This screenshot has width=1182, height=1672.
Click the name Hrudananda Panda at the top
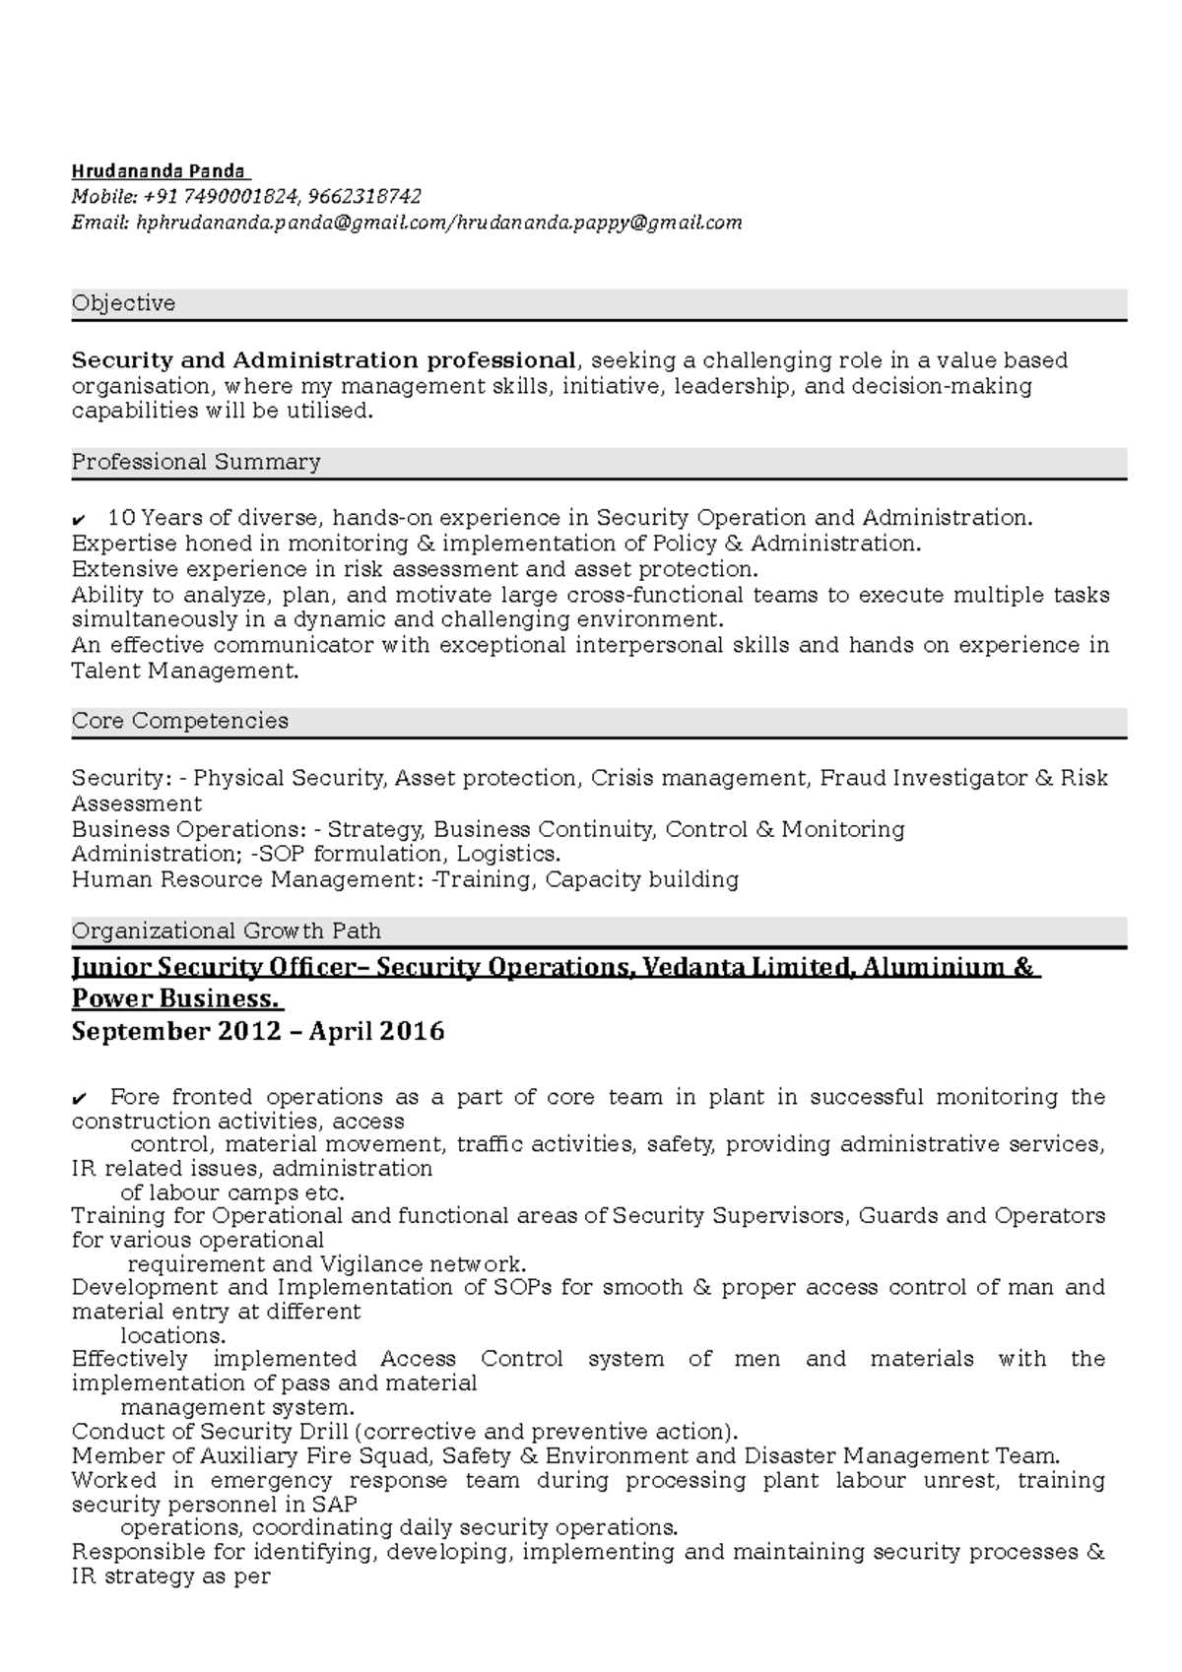(x=159, y=171)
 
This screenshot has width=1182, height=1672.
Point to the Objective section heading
(x=123, y=304)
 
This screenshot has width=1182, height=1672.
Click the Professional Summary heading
(x=196, y=463)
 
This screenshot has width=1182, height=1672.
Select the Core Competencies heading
(x=180, y=722)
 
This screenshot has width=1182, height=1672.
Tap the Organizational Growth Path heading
(x=227, y=932)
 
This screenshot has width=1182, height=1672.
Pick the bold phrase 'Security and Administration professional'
(x=323, y=360)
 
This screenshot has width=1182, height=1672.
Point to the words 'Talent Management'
(x=183, y=672)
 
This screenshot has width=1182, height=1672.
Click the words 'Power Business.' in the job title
(x=175, y=999)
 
